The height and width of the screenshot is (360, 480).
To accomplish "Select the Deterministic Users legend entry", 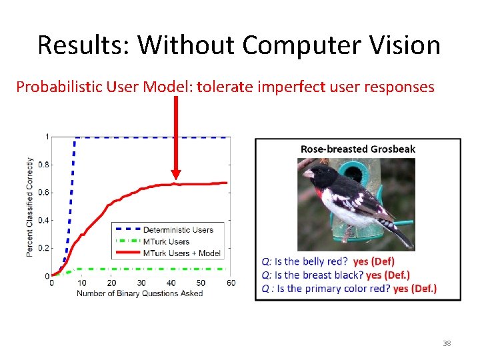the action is point(178,230).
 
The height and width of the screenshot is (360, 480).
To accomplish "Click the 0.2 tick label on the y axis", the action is point(45,248).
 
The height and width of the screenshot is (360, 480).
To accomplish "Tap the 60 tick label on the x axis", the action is point(231,283).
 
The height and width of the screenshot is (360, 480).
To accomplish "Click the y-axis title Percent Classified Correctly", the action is point(30,207).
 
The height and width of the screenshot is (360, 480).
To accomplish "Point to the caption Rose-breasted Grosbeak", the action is point(358,149).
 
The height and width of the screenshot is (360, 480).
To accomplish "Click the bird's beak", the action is point(307,174).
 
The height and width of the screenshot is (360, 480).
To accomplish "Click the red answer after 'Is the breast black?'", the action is point(387,275).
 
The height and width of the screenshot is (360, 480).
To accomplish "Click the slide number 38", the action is point(447,343).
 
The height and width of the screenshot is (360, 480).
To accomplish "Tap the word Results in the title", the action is point(83,45).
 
